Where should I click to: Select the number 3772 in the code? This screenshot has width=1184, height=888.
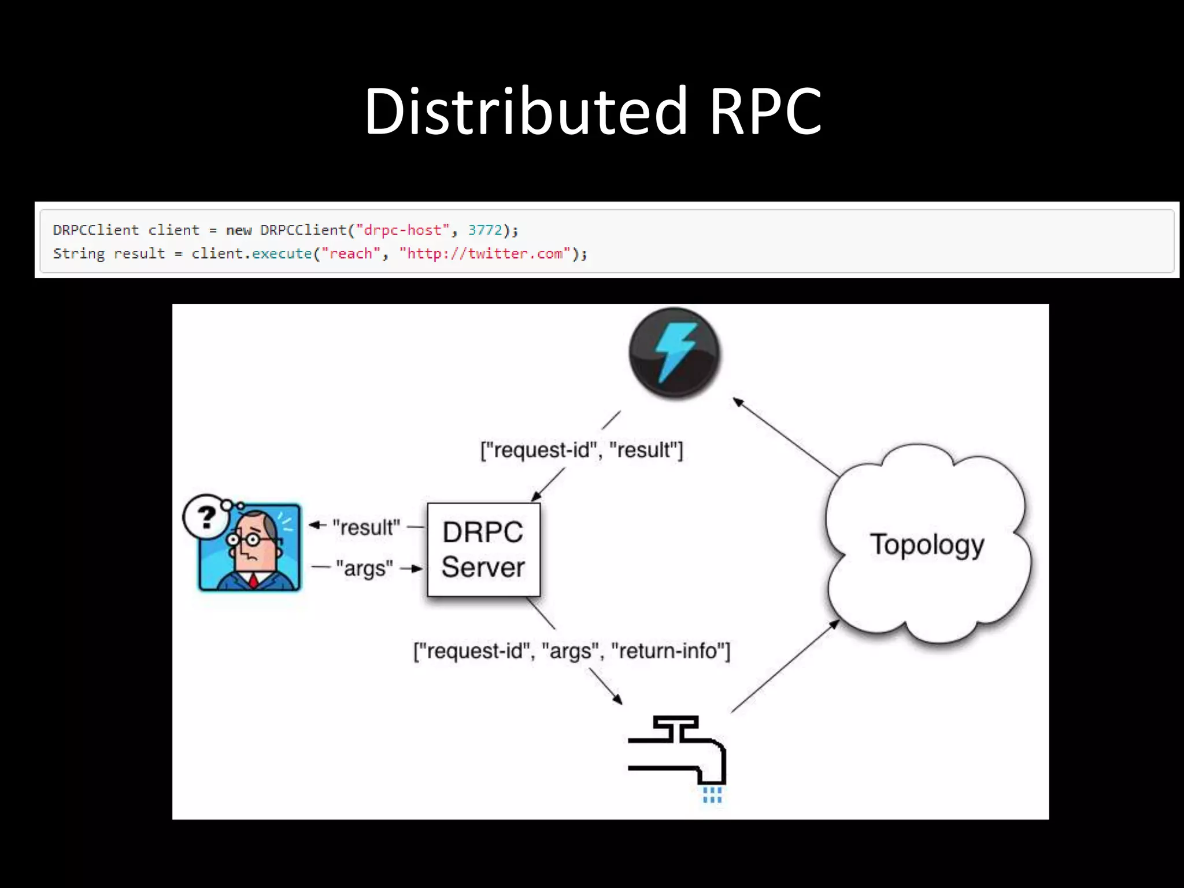click(x=485, y=230)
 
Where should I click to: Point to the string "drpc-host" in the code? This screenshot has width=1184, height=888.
click(x=403, y=230)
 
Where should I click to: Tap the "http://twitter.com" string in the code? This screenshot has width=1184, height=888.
click(x=485, y=254)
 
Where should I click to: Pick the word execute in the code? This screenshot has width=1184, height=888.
click(x=282, y=254)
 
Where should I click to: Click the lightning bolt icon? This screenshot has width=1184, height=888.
click(x=674, y=353)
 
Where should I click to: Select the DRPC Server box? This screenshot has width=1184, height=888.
click(x=483, y=550)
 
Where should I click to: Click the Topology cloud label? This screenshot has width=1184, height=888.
click(x=927, y=545)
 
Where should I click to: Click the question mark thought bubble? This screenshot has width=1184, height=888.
click(x=206, y=516)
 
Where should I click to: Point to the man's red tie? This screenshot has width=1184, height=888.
click(x=253, y=580)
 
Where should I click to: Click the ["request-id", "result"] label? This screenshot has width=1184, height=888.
click(x=582, y=450)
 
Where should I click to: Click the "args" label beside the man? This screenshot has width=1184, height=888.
click(x=364, y=568)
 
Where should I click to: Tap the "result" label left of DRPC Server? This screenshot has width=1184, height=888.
click(x=366, y=527)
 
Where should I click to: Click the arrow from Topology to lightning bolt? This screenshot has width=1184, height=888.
click(x=786, y=437)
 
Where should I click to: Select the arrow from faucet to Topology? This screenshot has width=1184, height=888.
click(x=785, y=666)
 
